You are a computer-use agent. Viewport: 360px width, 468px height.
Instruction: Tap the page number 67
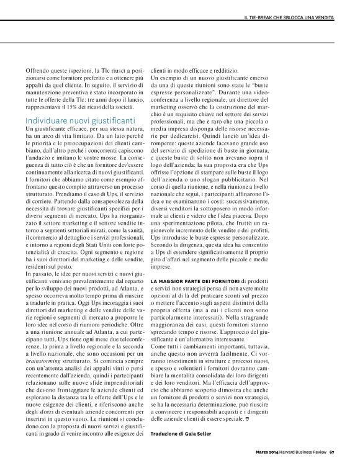pos(332,460)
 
